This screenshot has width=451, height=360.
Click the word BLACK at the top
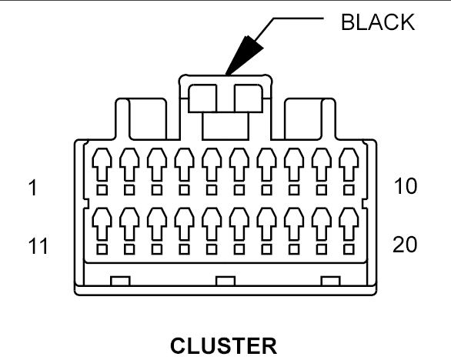[378, 22]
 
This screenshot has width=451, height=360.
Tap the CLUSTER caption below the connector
[223, 345]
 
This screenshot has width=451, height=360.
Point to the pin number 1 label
[33, 188]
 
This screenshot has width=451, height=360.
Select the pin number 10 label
[405, 186]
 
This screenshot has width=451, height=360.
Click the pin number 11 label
[38, 246]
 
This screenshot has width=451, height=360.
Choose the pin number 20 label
[405, 245]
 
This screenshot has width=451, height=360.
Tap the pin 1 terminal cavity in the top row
[102, 165]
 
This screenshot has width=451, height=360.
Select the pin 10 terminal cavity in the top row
[349, 165]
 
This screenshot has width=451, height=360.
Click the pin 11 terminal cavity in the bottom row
[102, 224]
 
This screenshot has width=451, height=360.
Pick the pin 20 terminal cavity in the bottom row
[349, 224]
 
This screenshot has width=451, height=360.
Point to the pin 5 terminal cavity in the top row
[212, 165]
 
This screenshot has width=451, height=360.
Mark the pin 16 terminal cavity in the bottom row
[239, 224]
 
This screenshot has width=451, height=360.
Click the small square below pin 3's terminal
[157, 190]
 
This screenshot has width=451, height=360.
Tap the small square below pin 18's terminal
[294, 249]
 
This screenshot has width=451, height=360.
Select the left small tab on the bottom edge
[120, 281]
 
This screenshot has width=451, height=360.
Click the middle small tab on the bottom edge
[225, 281]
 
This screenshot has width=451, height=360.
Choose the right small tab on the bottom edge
[330, 281]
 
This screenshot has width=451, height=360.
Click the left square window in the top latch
[202, 98]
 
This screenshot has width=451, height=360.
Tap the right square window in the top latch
[249, 98]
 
